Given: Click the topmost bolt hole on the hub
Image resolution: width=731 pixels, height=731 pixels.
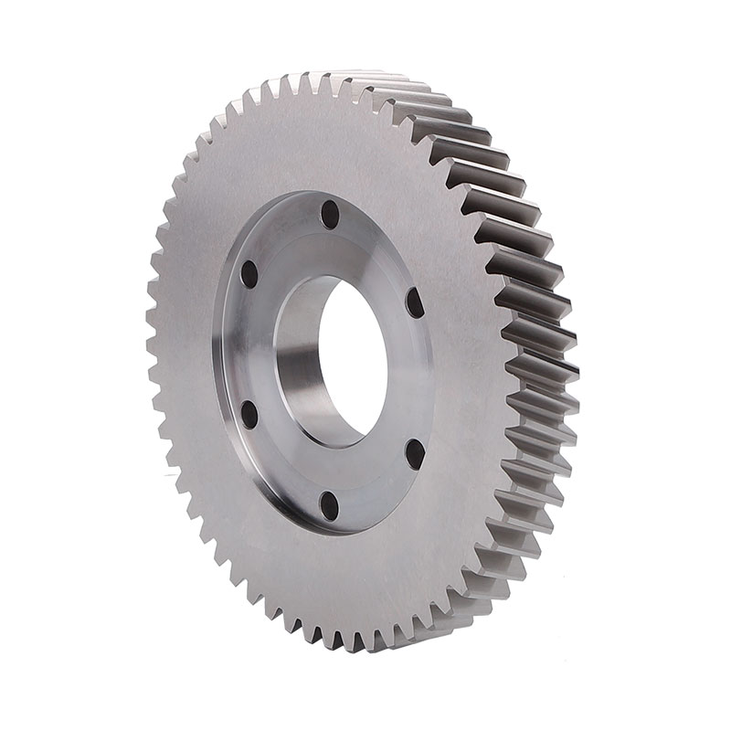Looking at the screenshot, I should coord(330,215).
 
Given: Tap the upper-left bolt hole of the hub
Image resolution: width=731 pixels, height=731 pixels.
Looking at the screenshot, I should coord(249,274).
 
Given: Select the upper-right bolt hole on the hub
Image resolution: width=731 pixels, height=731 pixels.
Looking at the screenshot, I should coord(414,302).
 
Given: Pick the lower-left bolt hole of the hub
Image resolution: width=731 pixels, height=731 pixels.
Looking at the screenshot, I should coord(249,414).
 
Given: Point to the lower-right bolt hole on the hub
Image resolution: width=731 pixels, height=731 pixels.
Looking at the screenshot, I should coord(414,452).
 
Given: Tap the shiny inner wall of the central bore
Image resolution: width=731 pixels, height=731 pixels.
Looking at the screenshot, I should coord(302,365).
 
